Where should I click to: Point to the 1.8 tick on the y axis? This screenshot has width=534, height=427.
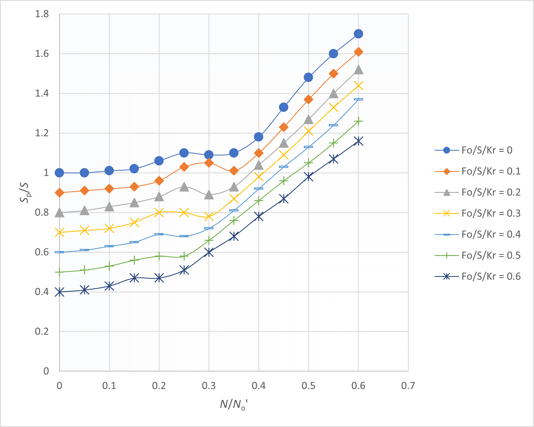[42, 14]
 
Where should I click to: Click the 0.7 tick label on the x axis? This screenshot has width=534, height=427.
[408, 386]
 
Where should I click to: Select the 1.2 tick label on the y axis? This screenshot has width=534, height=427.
[42, 133]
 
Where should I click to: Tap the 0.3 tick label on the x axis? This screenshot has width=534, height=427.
[209, 386]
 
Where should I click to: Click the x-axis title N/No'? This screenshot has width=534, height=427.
[234, 405]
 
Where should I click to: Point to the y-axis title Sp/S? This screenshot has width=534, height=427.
[25, 193]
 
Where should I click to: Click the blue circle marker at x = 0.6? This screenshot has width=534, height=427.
[358, 34]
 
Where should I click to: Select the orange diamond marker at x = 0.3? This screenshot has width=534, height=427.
[209, 163]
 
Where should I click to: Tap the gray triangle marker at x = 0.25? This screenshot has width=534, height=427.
[184, 187]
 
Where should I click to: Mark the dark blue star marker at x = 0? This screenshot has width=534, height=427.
[60, 292]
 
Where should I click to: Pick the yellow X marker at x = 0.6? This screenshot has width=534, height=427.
[358, 86]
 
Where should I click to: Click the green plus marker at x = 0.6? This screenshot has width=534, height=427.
[358, 121]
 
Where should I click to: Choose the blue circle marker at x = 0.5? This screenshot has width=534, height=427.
[308, 78]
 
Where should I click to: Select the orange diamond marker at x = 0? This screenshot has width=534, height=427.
[60, 193]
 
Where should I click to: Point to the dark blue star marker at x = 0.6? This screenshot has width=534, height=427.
[358, 141]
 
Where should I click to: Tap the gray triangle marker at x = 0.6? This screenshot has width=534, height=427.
[358, 70]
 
